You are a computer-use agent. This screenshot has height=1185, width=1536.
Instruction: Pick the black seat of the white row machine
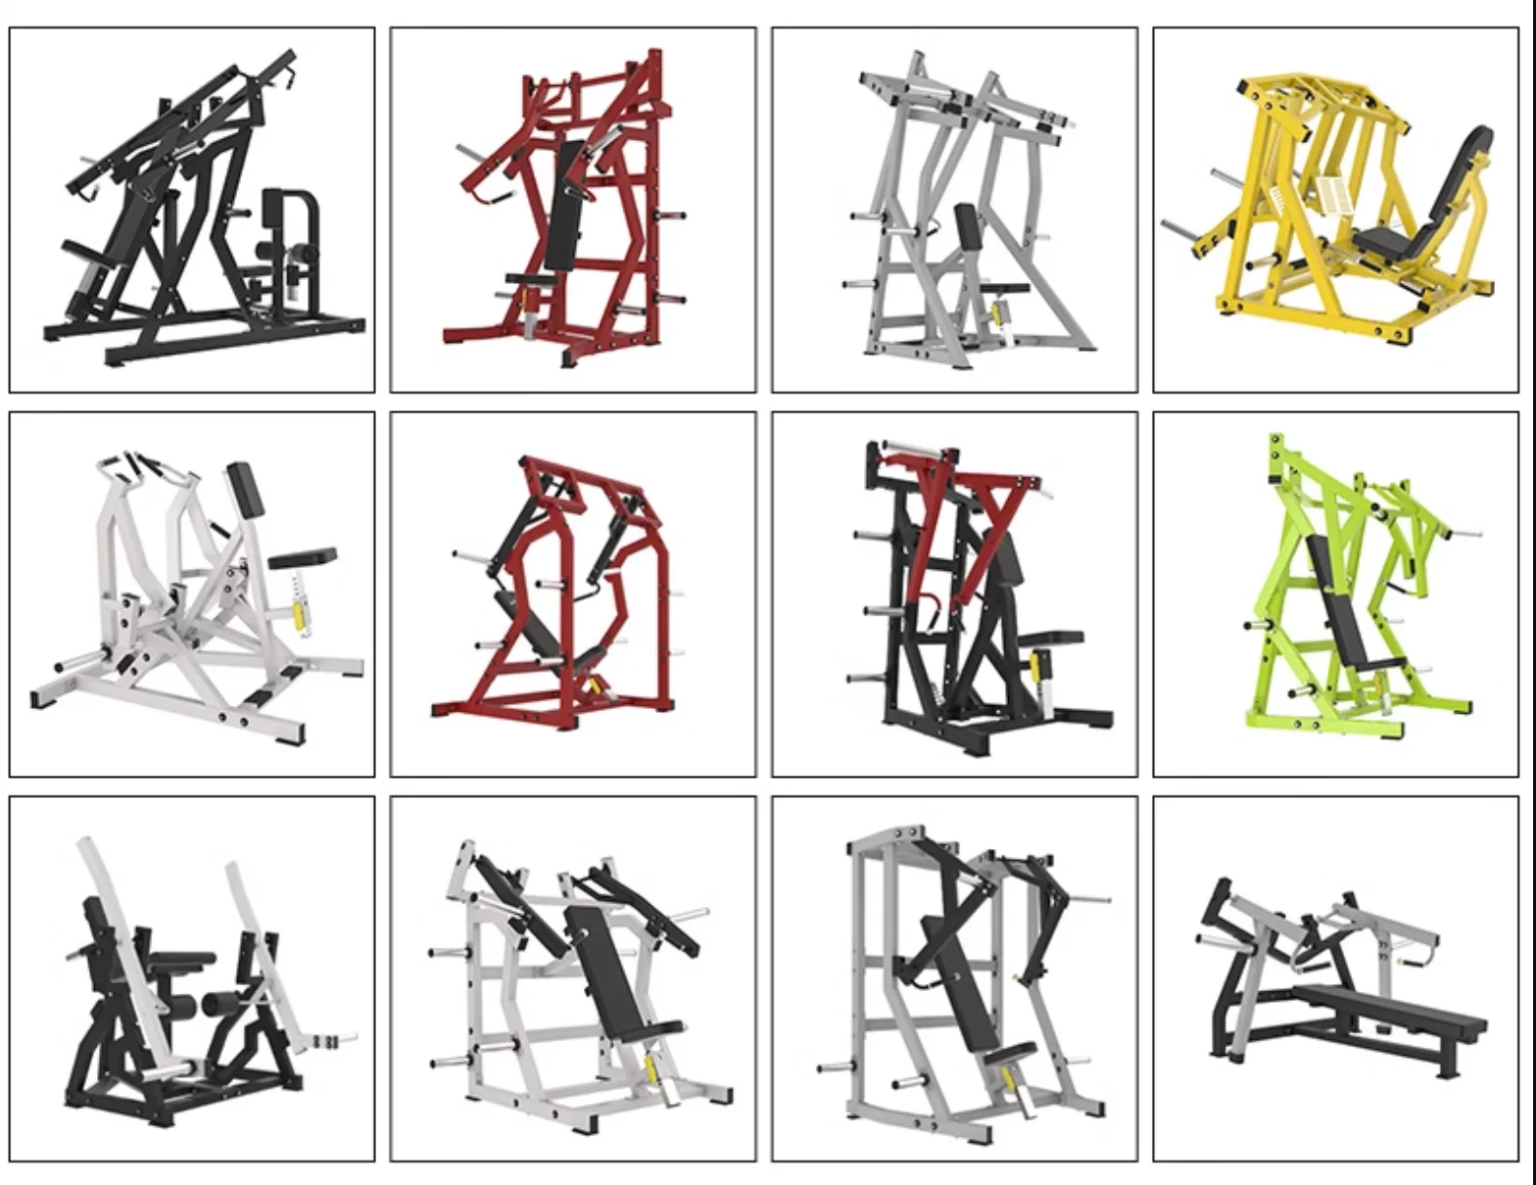303,558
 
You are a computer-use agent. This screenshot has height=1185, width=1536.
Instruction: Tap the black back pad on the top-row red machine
564,204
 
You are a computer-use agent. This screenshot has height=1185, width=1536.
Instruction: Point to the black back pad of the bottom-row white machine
605,970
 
